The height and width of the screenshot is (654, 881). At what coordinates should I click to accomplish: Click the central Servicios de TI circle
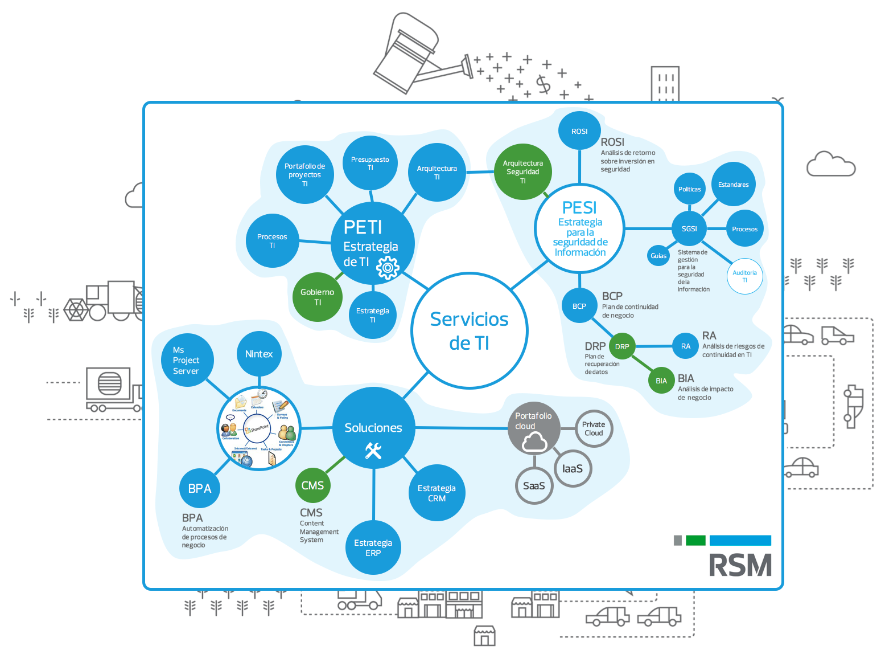470,331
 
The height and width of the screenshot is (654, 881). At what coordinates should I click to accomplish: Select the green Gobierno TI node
317,297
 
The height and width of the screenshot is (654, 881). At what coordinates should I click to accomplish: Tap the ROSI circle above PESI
579,131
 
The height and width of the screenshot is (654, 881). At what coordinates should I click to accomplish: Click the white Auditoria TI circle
744,276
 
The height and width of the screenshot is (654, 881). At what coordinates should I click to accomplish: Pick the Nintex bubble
259,354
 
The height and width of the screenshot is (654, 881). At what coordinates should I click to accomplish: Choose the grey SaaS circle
534,486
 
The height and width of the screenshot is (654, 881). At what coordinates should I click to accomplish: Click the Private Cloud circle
594,429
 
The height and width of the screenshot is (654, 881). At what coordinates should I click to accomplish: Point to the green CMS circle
312,485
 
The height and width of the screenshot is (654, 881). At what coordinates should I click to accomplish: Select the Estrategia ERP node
373,547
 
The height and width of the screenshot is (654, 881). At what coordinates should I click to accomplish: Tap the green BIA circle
661,381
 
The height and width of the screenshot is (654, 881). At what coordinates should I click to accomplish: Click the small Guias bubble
658,256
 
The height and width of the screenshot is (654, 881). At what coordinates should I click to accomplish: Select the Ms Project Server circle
187,360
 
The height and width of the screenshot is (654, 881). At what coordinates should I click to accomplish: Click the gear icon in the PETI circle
388,267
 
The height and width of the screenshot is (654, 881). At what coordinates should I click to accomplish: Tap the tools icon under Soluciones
373,451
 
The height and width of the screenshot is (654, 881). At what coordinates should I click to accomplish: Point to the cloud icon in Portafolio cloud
534,442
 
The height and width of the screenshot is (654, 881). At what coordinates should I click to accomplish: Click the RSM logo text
740,566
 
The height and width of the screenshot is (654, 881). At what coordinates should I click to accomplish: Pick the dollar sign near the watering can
544,84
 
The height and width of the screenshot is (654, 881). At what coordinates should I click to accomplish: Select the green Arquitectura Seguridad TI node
522,171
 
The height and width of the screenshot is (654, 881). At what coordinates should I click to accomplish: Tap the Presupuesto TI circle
370,163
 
